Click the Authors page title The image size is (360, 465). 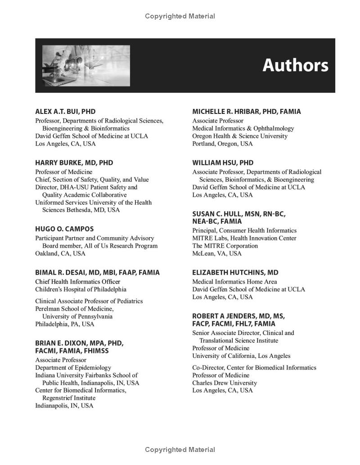coord(295,65)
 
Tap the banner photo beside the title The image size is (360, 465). coord(86,66)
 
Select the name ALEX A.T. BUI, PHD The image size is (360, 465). coord(65,112)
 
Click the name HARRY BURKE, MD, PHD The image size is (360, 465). coord(74,163)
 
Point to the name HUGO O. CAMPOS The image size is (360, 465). coord(64,229)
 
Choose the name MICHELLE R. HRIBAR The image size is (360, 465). coord(247,112)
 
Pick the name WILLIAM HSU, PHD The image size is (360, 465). coord(223,163)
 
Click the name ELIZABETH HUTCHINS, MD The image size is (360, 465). coord(235,273)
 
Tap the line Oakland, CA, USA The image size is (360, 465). coord(60,253)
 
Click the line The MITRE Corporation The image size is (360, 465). coord(225,246)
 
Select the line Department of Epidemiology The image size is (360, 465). coord(73,367)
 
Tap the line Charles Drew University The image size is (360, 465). coord(225,383)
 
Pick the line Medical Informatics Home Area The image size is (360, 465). coord(234,282)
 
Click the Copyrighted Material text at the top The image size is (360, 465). coord(180,16)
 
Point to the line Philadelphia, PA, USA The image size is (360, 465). coord(65,324)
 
